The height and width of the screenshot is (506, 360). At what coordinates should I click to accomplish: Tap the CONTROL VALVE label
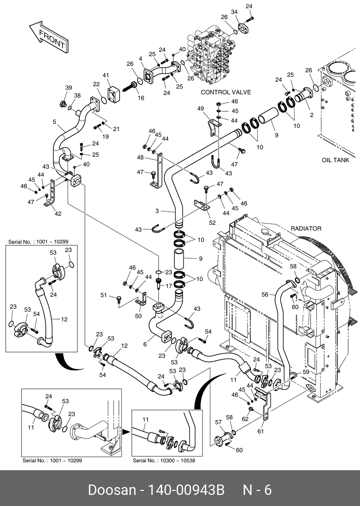[x=226, y=92]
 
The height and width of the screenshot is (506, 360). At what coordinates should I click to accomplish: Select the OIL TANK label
[x=335, y=160]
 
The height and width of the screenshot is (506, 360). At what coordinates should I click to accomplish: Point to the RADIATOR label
[x=306, y=228]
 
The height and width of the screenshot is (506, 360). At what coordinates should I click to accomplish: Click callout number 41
[x=106, y=76]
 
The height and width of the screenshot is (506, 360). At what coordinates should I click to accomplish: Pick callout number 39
[x=68, y=88]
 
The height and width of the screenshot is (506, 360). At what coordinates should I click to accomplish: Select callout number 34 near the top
[x=234, y=12]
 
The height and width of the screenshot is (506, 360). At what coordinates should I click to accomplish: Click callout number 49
[x=200, y=109]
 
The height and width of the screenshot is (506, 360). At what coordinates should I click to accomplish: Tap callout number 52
[x=212, y=222]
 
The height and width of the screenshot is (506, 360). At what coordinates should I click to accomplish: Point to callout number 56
[x=265, y=294]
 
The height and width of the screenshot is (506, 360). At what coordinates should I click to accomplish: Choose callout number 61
[x=260, y=431]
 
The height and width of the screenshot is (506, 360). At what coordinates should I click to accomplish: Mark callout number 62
[x=245, y=419]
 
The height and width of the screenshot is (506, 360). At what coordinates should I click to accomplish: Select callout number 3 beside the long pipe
[x=157, y=211]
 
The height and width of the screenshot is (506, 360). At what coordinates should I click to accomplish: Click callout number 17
[x=169, y=286]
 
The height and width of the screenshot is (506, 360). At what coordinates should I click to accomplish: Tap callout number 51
[x=104, y=295]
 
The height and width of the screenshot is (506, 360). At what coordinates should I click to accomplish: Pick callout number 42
[x=58, y=214]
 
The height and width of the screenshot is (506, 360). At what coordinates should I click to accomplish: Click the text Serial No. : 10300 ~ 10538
[x=164, y=461]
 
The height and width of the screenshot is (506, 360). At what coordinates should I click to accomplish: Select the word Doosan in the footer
[x=112, y=490]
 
